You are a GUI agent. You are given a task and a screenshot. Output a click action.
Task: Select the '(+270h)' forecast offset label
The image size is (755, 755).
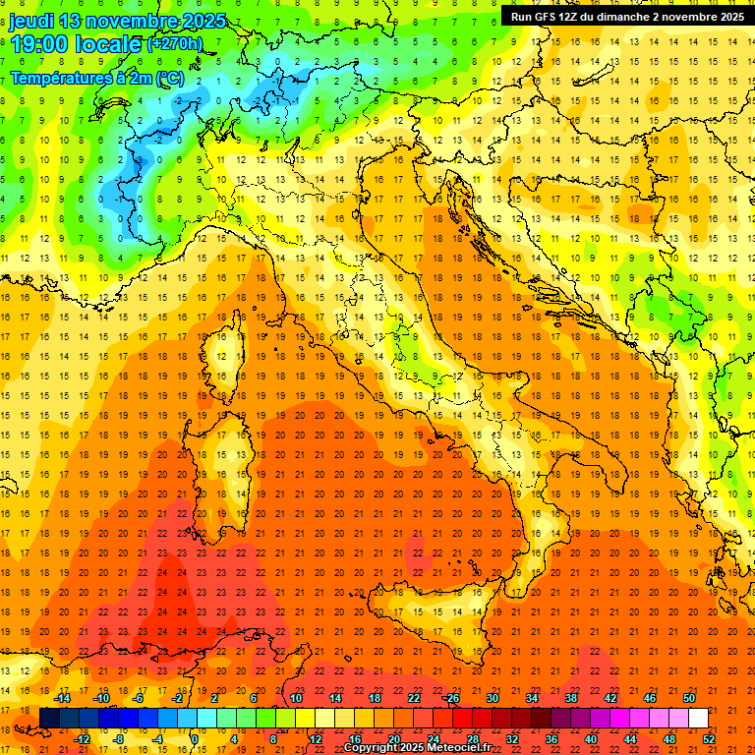tap(174, 44)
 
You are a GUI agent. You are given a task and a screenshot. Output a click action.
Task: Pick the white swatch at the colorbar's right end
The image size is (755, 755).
tap(698, 719)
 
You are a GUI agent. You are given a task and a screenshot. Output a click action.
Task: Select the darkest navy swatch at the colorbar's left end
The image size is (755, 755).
tap(49, 719)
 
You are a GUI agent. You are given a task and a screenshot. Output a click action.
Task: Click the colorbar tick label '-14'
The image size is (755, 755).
tap(63, 698)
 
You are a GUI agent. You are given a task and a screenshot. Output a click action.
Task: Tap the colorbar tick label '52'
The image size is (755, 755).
tap(708, 739)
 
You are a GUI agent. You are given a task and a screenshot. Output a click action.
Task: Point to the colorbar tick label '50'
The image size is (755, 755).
tap(689, 698)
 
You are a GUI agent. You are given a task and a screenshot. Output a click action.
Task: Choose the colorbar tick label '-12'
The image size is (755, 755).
tap(83, 739)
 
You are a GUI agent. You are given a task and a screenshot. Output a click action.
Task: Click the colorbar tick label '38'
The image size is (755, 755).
tap(571, 698)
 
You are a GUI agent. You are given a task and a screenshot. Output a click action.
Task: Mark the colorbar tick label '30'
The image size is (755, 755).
tap(493, 698)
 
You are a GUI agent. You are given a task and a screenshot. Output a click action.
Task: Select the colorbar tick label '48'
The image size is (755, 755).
tap(668, 739)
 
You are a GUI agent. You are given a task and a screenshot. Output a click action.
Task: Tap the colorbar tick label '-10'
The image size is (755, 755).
tap(101, 698)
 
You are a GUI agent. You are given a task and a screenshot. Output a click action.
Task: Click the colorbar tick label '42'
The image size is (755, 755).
tap(610, 698)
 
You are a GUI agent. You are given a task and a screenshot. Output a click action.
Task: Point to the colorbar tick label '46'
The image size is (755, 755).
tap(650, 698)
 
